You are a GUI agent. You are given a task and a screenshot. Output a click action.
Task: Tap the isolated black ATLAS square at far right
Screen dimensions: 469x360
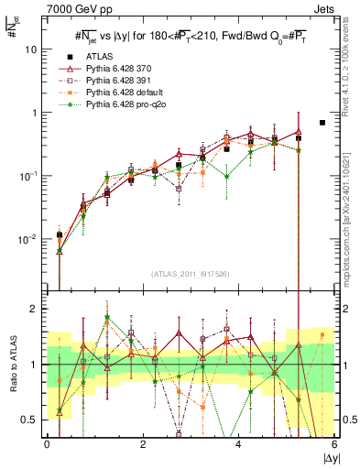pyautogui.click(x=322, y=122)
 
